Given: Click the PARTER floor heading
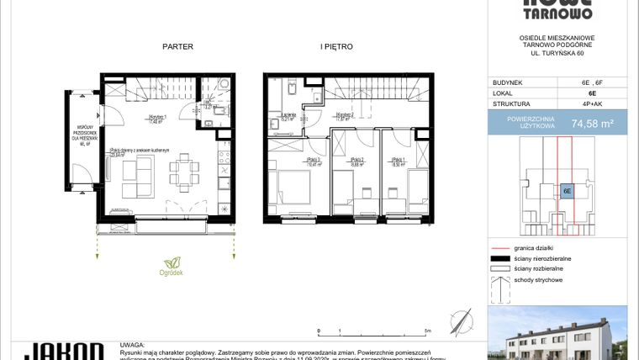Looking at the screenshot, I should pyautogui.click(x=177, y=47).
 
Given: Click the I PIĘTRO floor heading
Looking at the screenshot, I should pyautogui.click(x=336, y=47).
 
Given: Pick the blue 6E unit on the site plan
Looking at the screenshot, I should pyautogui.click(x=568, y=191).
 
